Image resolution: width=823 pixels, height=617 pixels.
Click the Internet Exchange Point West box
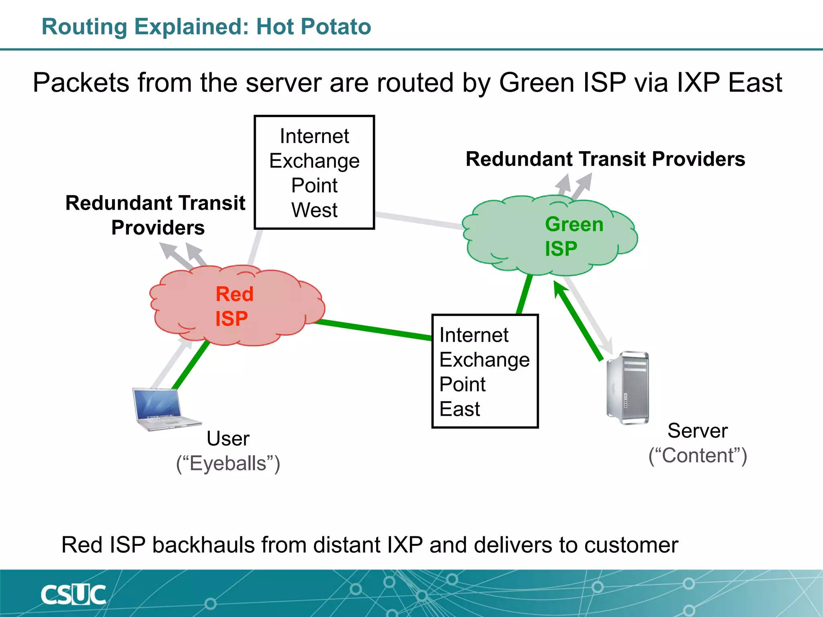coord(314,172)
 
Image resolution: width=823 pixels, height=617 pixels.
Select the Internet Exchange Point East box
coord(485,371)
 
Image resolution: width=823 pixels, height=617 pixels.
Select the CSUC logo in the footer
coord(74,595)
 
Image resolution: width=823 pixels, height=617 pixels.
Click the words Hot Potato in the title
coord(313,27)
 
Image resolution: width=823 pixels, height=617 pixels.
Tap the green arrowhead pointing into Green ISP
coord(559,288)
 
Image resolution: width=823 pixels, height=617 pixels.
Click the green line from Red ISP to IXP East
coord(374,329)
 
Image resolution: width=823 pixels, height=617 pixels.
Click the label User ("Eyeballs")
coord(228,451)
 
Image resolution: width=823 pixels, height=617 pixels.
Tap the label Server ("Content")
coord(698,443)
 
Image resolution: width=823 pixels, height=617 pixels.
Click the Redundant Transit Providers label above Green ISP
coord(605,159)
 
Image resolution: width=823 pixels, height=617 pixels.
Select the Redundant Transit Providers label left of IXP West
coord(156,215)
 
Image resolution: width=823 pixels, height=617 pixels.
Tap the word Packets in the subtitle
coord(81,83)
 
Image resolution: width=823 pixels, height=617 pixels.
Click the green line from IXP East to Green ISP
coord(524,294)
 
